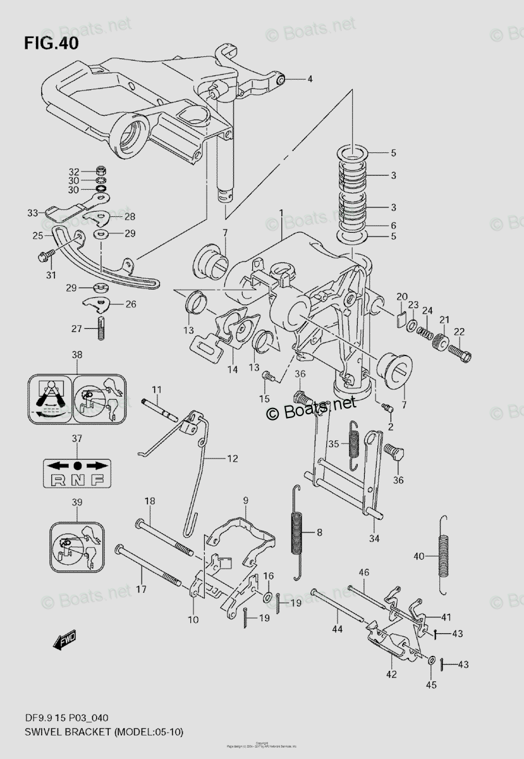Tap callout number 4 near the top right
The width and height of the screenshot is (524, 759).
[x=310, y=79]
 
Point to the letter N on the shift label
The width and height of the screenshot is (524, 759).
[x=77, y=479]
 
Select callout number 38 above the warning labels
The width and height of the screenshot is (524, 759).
[x=76, y=355]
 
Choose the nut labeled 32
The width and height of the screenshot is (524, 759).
[x=101, y=171]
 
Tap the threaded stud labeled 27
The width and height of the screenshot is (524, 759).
[x=100, y=329]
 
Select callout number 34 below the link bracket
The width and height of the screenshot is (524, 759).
[x=374, y=539]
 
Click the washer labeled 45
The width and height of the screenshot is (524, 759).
[x=432, y=661]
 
